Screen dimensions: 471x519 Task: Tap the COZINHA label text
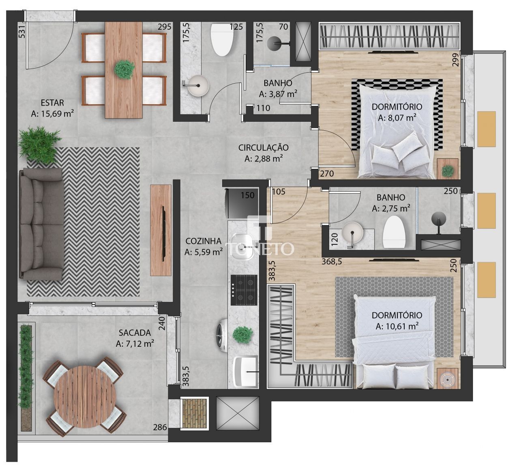(204, 240)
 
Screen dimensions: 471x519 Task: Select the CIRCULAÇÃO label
(263, 147)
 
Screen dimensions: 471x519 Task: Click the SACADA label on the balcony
(135, 333)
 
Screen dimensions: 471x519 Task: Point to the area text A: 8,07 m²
(397, 118)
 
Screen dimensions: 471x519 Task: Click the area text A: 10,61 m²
(397, 326)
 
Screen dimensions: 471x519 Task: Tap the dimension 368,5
(332, 262)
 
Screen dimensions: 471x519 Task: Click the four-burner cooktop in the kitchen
(244, 290)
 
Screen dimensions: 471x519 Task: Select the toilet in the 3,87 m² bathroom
(223, 39)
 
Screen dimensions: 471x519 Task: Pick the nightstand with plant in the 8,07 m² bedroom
(448, 169)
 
